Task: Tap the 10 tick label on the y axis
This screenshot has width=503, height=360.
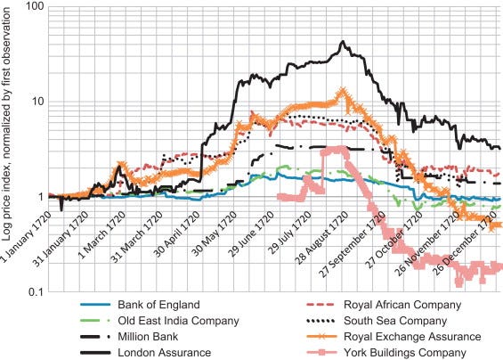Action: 36,102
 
